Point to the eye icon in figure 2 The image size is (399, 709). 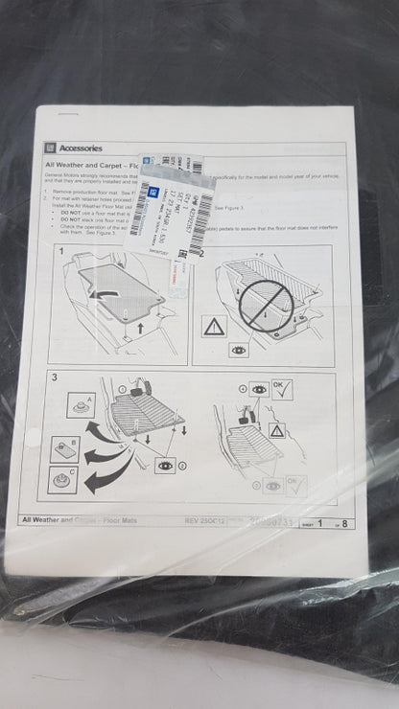pos(238,351)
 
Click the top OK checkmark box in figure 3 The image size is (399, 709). pos(280,388)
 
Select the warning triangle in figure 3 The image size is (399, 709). pos(275,431)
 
